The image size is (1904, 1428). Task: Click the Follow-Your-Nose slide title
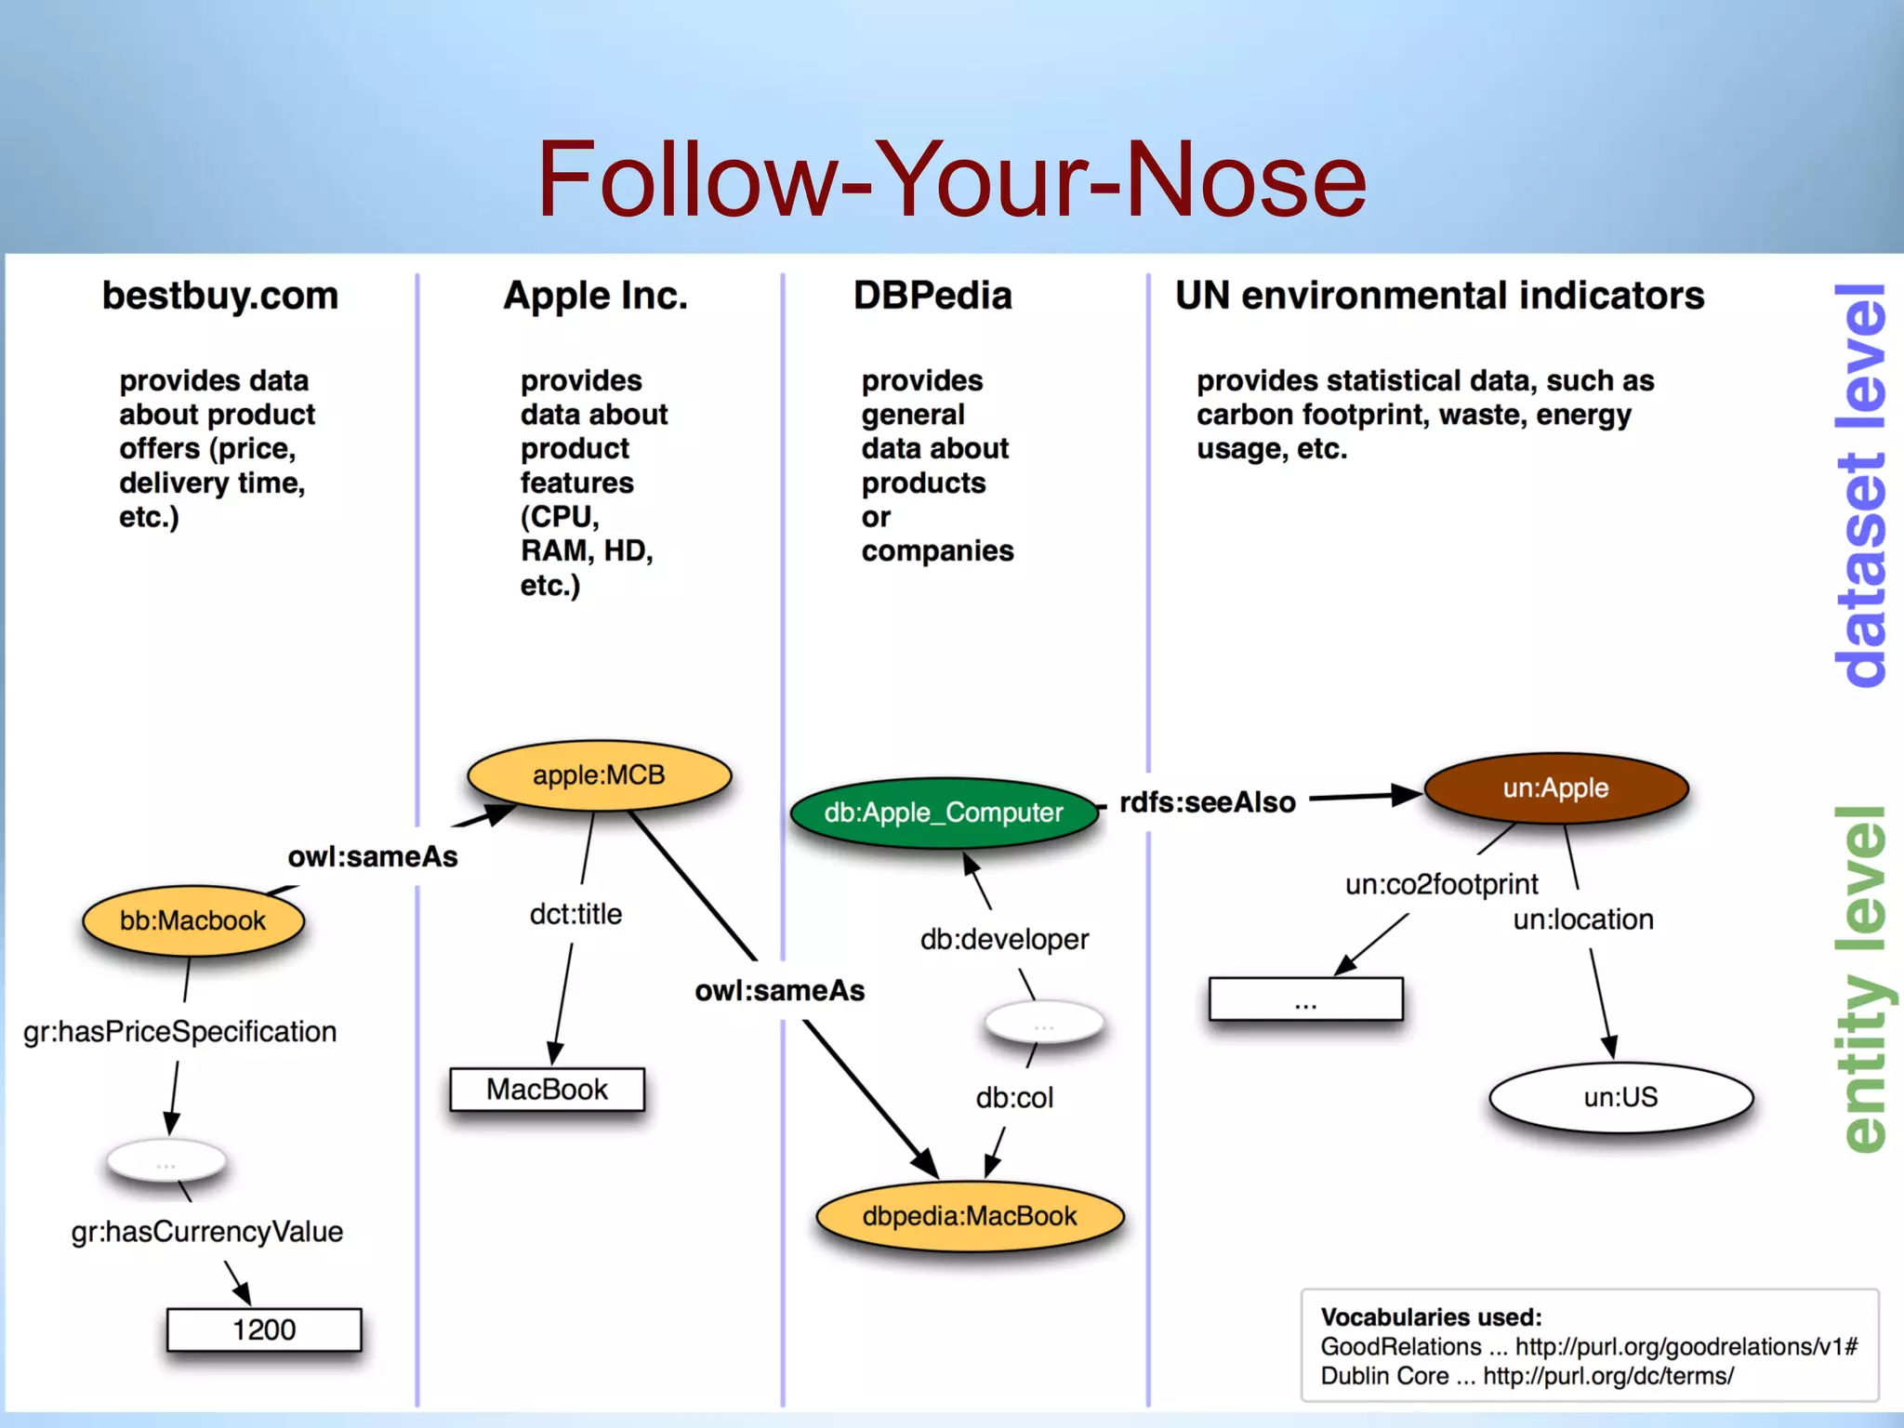click(951, 179)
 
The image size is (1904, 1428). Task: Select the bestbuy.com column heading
click(220, 296)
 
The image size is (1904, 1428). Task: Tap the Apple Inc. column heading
click(595, 296)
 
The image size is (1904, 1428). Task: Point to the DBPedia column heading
click(932, 296)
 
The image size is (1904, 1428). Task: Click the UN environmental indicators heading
click(1439, 296)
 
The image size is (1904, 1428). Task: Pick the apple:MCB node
click(599, 775)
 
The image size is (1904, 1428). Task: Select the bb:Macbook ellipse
click(192, 920)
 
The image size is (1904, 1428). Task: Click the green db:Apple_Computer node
click(943, 813)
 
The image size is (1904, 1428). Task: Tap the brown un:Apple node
click(1555, 788)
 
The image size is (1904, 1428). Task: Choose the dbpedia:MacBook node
click(970, 1216)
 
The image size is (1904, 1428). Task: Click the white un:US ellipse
click(1620, 1097)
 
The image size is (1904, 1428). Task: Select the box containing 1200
click(264, 1329)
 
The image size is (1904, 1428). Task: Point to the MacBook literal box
click(547, 1090)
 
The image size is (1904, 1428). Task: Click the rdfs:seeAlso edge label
click(1207, 802)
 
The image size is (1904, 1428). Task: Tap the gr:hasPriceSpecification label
click(180, 1032)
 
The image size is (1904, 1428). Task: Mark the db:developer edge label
click(1004, 939)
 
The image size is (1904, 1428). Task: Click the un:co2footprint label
click(1441, 884)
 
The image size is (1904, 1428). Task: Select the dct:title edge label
click(575, 914)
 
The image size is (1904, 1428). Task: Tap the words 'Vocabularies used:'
click(1431, 1317)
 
